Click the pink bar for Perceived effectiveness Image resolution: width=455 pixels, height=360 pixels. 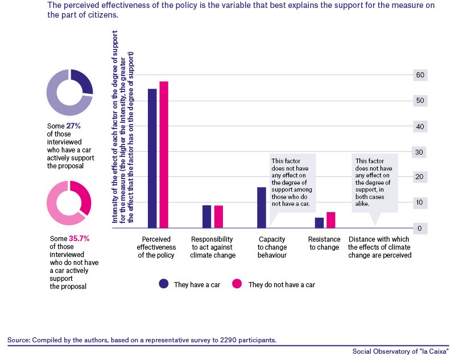pyautogui.click(x=164, y=155)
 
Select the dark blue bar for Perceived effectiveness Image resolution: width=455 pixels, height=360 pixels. pyautogui.click(x=152, y=158)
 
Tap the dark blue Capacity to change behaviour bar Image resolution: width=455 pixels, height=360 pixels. pyautogui.click(x=262, y=208)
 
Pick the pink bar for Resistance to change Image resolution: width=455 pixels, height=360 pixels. pyautogui.click(x=331, y=220)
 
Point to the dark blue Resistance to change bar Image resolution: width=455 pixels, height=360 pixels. pyautogui.click(x=319, y=223)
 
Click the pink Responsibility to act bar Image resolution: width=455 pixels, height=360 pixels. pyautogui.click(x=218, y=217)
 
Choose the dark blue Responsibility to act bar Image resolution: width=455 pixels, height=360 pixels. pyautogui.click(x=206, y=217)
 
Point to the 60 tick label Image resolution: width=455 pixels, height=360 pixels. pyautogui.click(x=420, y=75)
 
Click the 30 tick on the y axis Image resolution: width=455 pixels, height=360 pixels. pyautogui.click(x=419, y=152)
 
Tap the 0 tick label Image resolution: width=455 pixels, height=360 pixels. pyautogui.click(x=420, y=229)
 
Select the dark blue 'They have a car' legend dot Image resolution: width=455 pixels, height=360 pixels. pyautogui.click(x=164, y=284)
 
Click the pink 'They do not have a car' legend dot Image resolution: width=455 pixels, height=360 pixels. pyautogui.click(x=237, y=284)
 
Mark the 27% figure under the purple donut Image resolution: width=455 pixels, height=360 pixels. pyautogui.click(x=73, y=126)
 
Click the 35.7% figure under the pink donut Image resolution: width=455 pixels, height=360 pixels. pyautogui.click(x=79, y=238)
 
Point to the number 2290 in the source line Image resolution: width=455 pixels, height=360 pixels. pyautogui.click(x=228, y=340)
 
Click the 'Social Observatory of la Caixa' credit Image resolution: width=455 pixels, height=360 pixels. pyautogui.click(x=400, y=351)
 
